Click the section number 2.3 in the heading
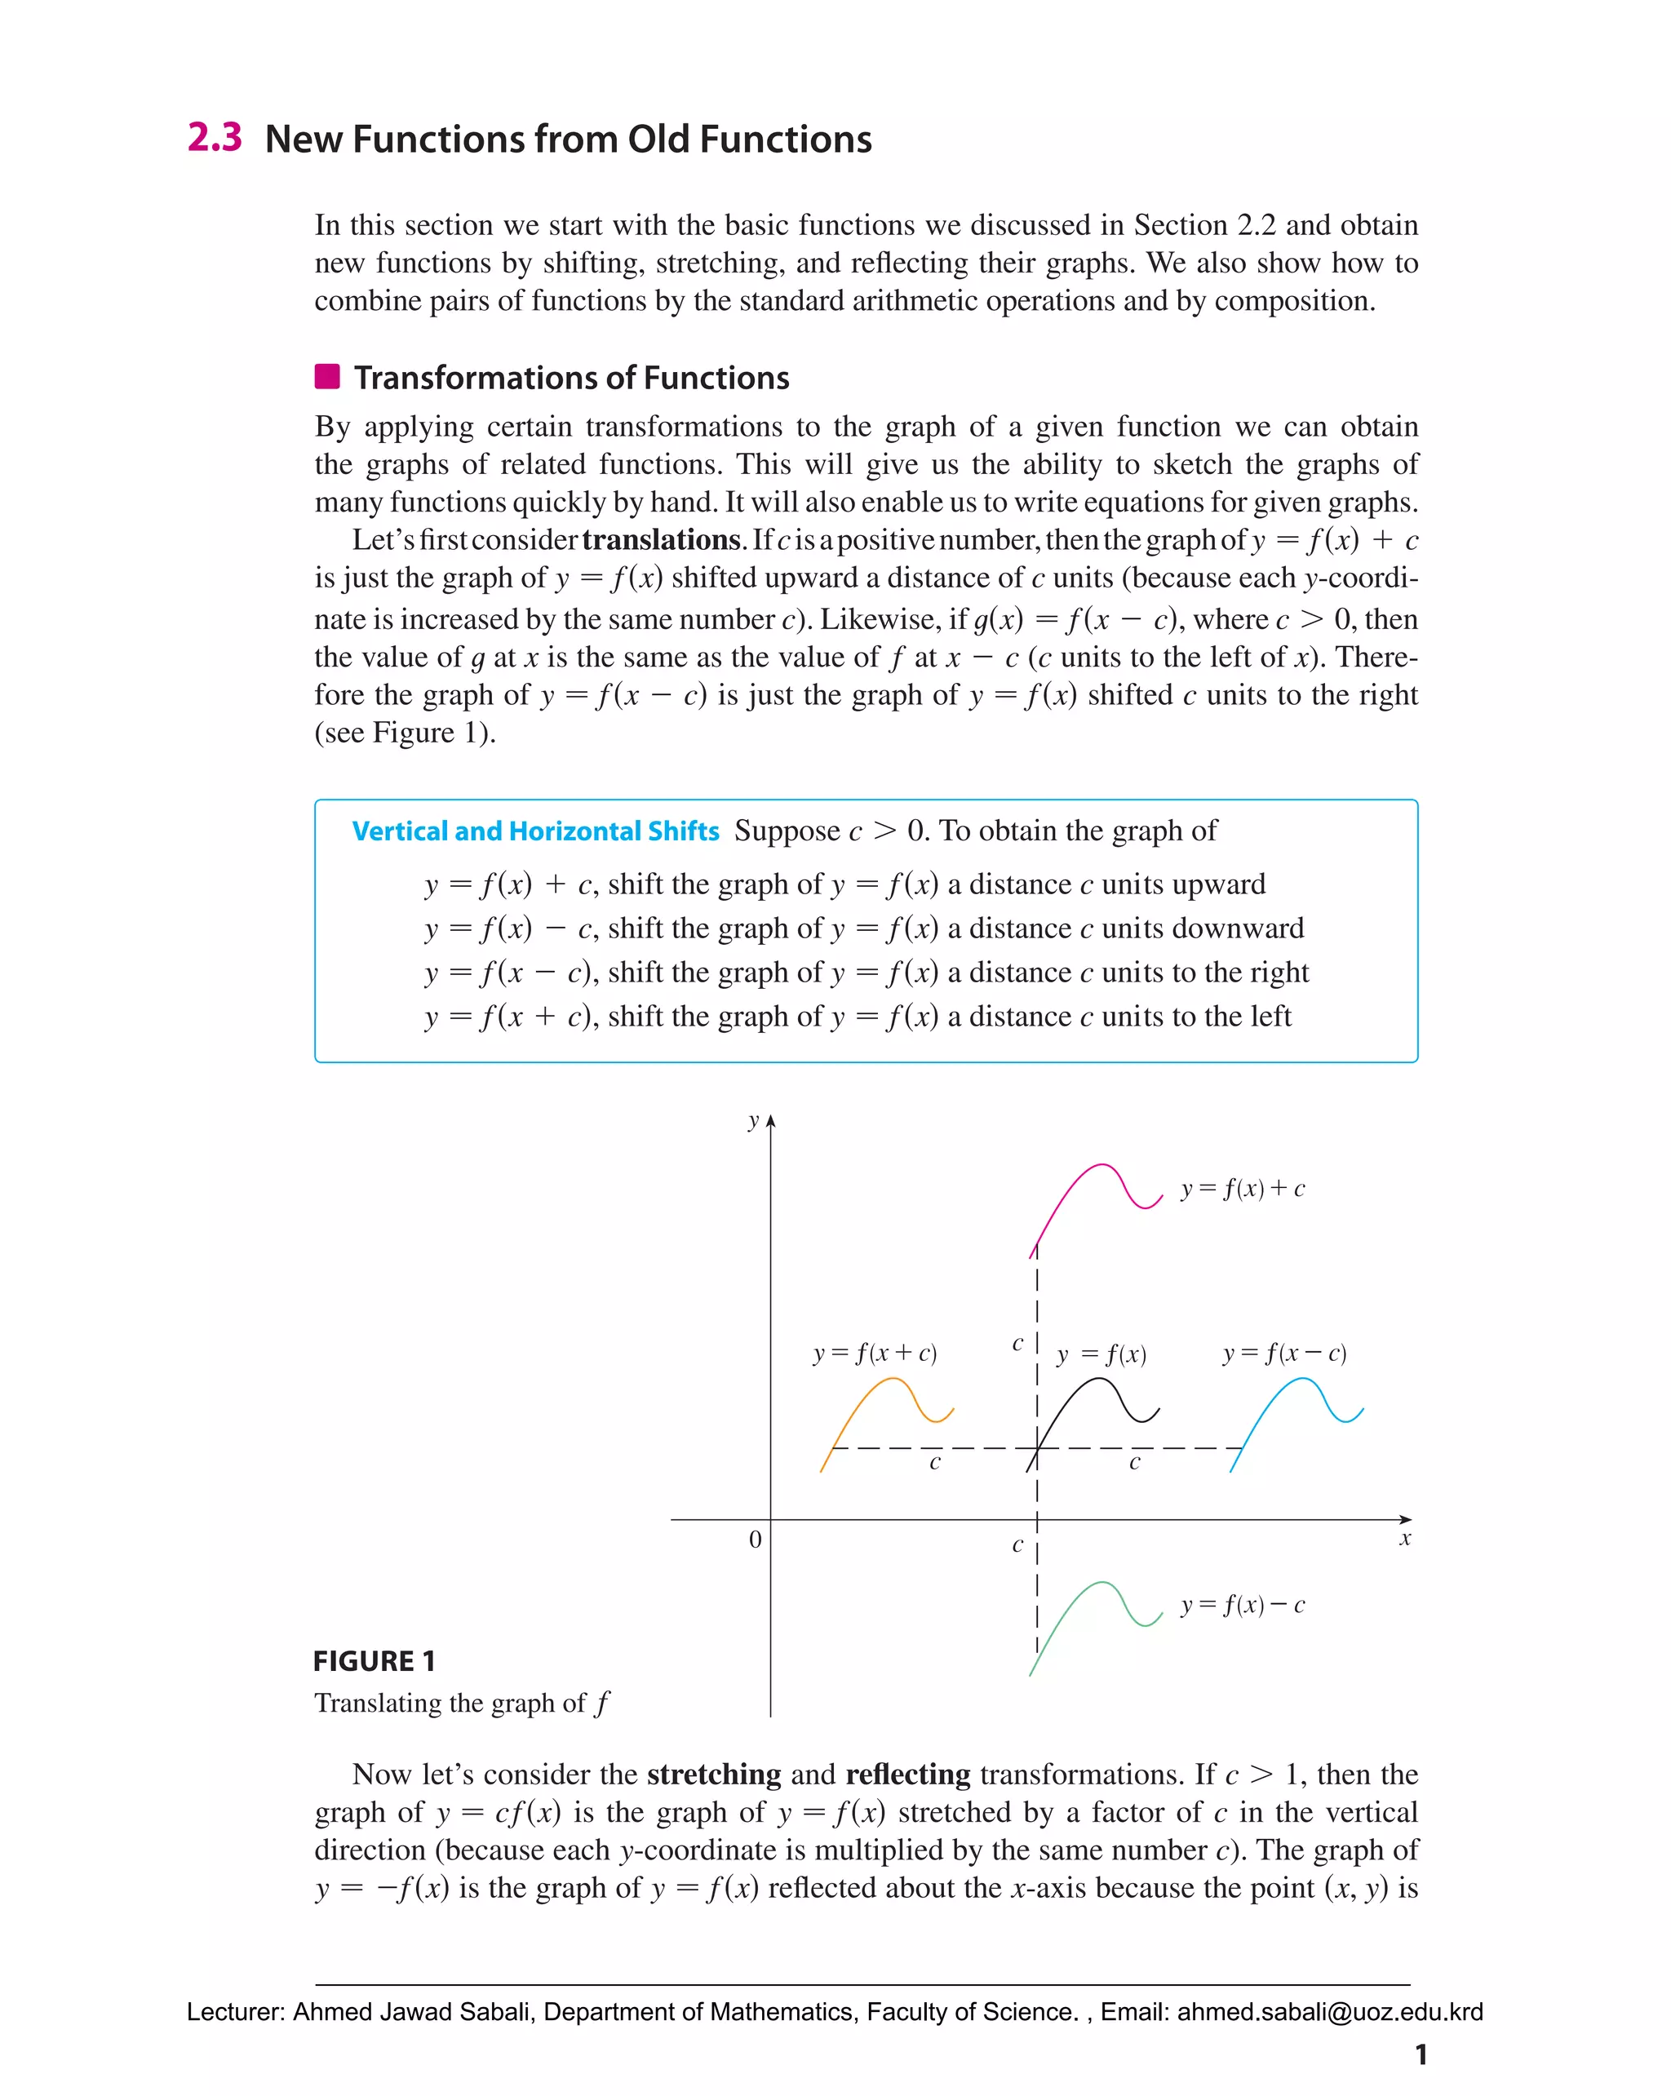tap(214, 137)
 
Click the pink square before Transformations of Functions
tap(327, 376)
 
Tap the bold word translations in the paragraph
tap(661, 539)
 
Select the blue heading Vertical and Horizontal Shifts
tap(534, 831)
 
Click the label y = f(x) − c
tap(1243, 1605)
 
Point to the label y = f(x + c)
tap(875, 1354)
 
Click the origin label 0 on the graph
tap(756, 1540)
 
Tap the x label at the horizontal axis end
tap(1403, 1539)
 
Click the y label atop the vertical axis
tap(753, 1120)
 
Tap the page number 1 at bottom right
tap(1421, 2054)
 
